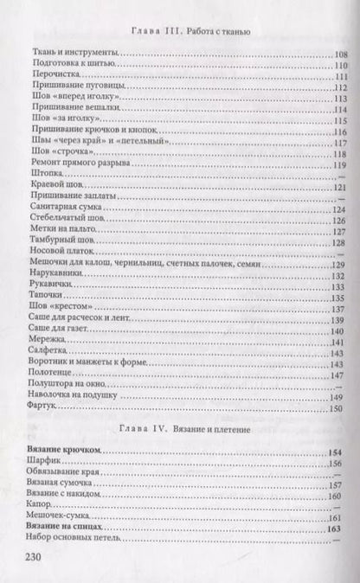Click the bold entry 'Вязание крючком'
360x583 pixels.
point(63,452)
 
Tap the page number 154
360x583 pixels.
point(339,452)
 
